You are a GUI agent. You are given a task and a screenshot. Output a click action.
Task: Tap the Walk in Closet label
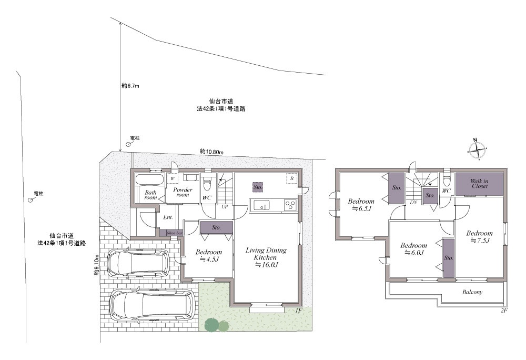tap(479, 184)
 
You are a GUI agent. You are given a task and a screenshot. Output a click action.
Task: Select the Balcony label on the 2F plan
tap(472, 292)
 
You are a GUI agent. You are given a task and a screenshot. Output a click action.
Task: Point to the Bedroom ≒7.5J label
tap(479, 236)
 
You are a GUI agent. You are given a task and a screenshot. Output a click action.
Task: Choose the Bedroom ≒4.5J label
tap(209, 255)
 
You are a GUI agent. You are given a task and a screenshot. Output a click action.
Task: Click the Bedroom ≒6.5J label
tap(361, 205)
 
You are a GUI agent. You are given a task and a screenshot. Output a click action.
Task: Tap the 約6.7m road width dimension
tap(130, 86)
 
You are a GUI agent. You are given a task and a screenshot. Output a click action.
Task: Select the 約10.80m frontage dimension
tap(211, 152)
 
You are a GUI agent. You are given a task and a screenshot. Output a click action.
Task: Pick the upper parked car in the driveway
tap(137, 263)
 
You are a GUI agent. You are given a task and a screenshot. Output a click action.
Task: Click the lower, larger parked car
tap(153, 305)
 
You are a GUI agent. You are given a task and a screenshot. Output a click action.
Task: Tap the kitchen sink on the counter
tap(261, 205)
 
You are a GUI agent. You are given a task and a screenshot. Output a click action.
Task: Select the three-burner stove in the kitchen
tap(290, 205)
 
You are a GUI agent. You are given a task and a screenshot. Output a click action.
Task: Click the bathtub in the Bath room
tap(149, 179)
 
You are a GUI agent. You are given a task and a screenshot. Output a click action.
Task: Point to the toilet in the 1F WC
tap(207, 182)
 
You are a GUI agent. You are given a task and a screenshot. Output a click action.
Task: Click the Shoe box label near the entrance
tap(175, 233)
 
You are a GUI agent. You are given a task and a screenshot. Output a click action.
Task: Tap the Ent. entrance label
tap(168, 217)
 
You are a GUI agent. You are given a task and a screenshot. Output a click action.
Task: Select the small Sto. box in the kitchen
tap(258, 187)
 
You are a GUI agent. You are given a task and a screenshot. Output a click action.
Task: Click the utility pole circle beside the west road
tap(30, 200)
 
